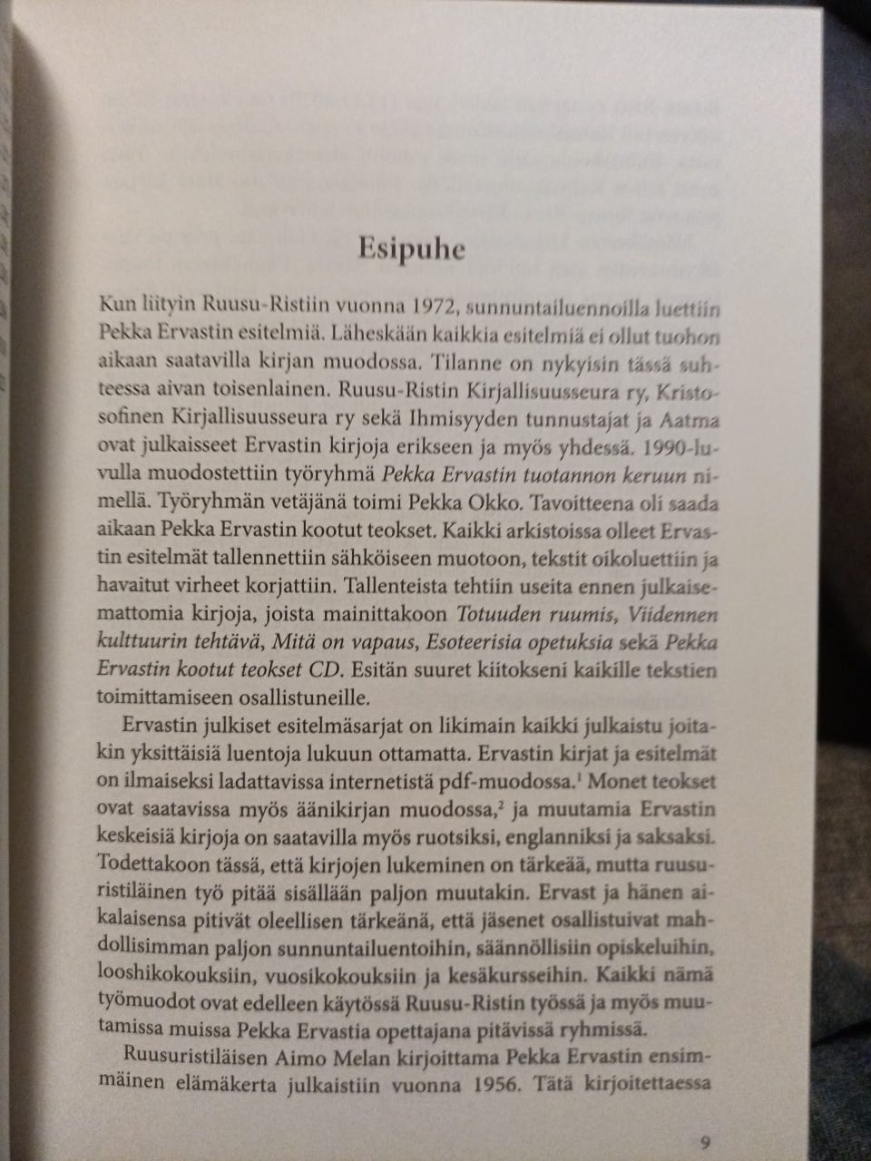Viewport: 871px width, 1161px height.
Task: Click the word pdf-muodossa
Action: click(504, 780)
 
